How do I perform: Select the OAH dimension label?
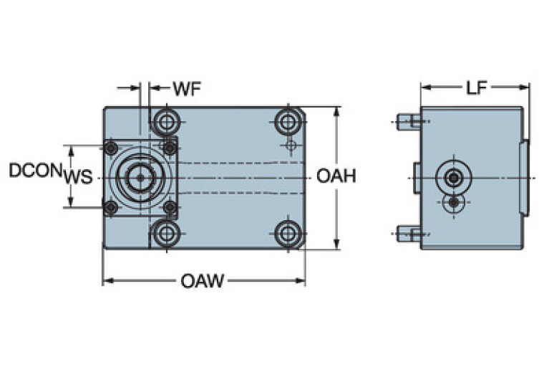[x=336, y=176]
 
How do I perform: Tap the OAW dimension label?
[x=202, y=281]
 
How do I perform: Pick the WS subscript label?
[x=78, y=178]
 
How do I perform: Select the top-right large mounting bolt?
[x=289, y=120]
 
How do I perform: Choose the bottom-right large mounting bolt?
[x=289, y=232]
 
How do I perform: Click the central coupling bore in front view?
[x=141, y=176]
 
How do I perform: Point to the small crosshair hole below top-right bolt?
[x=290, y=146]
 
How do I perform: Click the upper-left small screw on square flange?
[x=111, y=148]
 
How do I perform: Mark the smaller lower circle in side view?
[x=453, y=203]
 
